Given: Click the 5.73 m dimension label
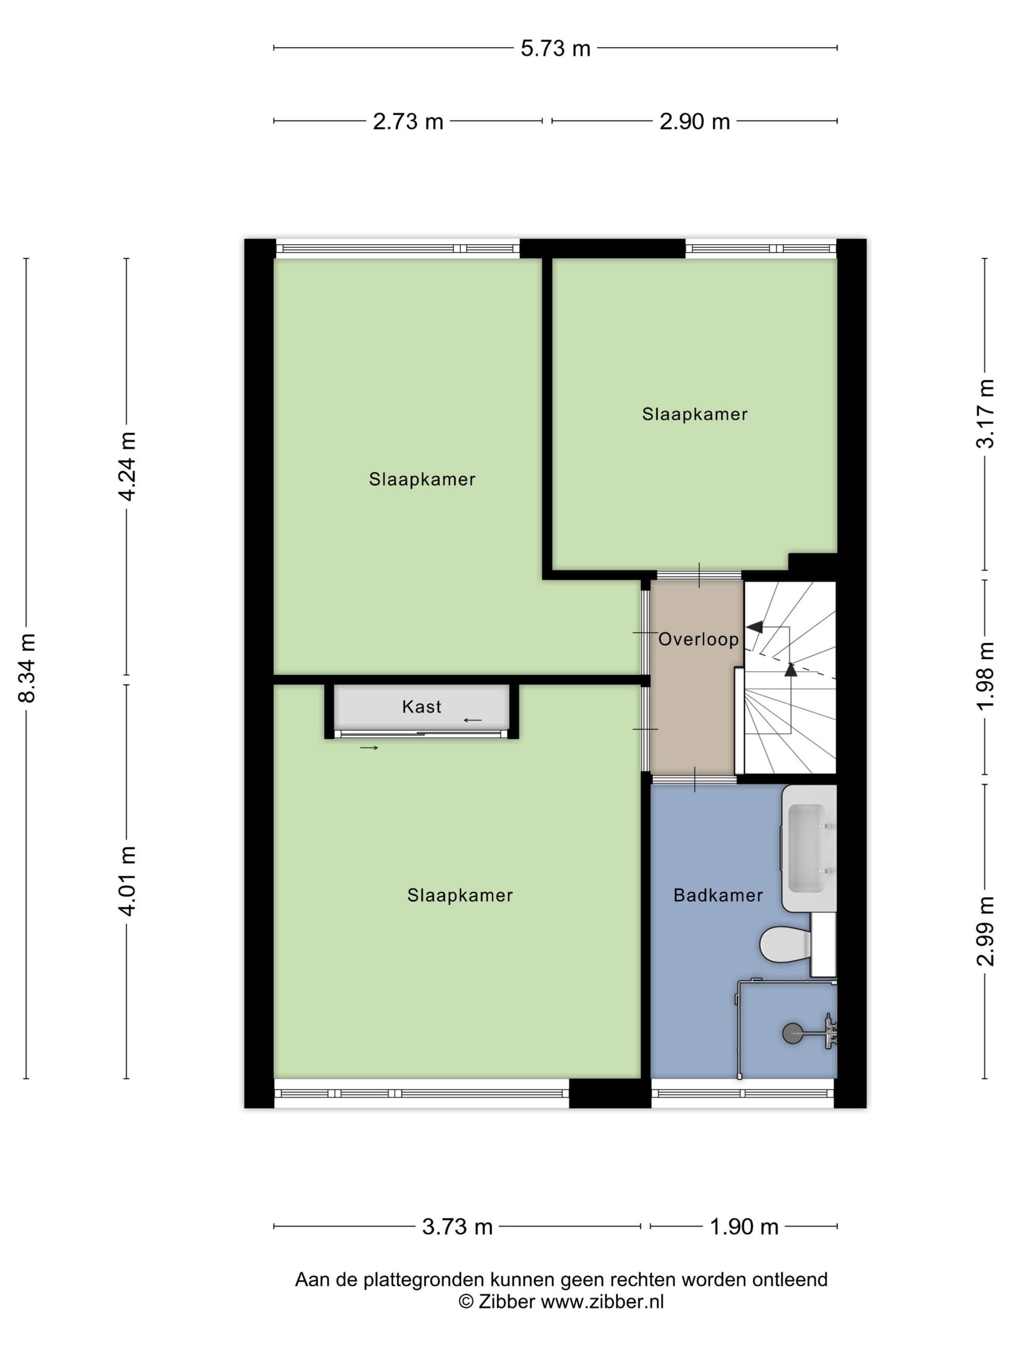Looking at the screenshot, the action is tap(555, 48).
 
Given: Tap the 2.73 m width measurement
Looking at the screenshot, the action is tap(408, 121).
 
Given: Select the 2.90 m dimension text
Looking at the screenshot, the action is tap(694, 121).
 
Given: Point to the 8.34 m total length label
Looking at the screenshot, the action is tap(27, 667).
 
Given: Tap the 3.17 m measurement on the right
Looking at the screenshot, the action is tap(985, 414).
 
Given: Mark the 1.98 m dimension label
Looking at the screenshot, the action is tap(985, 676).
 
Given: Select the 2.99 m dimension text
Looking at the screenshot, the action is tap(985, 931).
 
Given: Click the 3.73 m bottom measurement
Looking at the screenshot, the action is tap(457, 1226).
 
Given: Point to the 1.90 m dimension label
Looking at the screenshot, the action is tap(744, 1226).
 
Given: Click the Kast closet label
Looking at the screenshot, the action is tap(421, 707).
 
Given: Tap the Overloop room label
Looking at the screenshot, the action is tap(699, 639).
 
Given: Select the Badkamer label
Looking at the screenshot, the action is tap(718, 895).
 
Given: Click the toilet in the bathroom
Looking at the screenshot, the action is tap(786, 945).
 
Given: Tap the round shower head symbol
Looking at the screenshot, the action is tap(793, 1032).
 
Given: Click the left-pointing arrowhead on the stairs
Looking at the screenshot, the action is tap(754, 626).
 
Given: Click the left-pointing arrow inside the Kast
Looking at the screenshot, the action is tap(472, 720).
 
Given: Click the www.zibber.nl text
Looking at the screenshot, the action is tap(602, 1301).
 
